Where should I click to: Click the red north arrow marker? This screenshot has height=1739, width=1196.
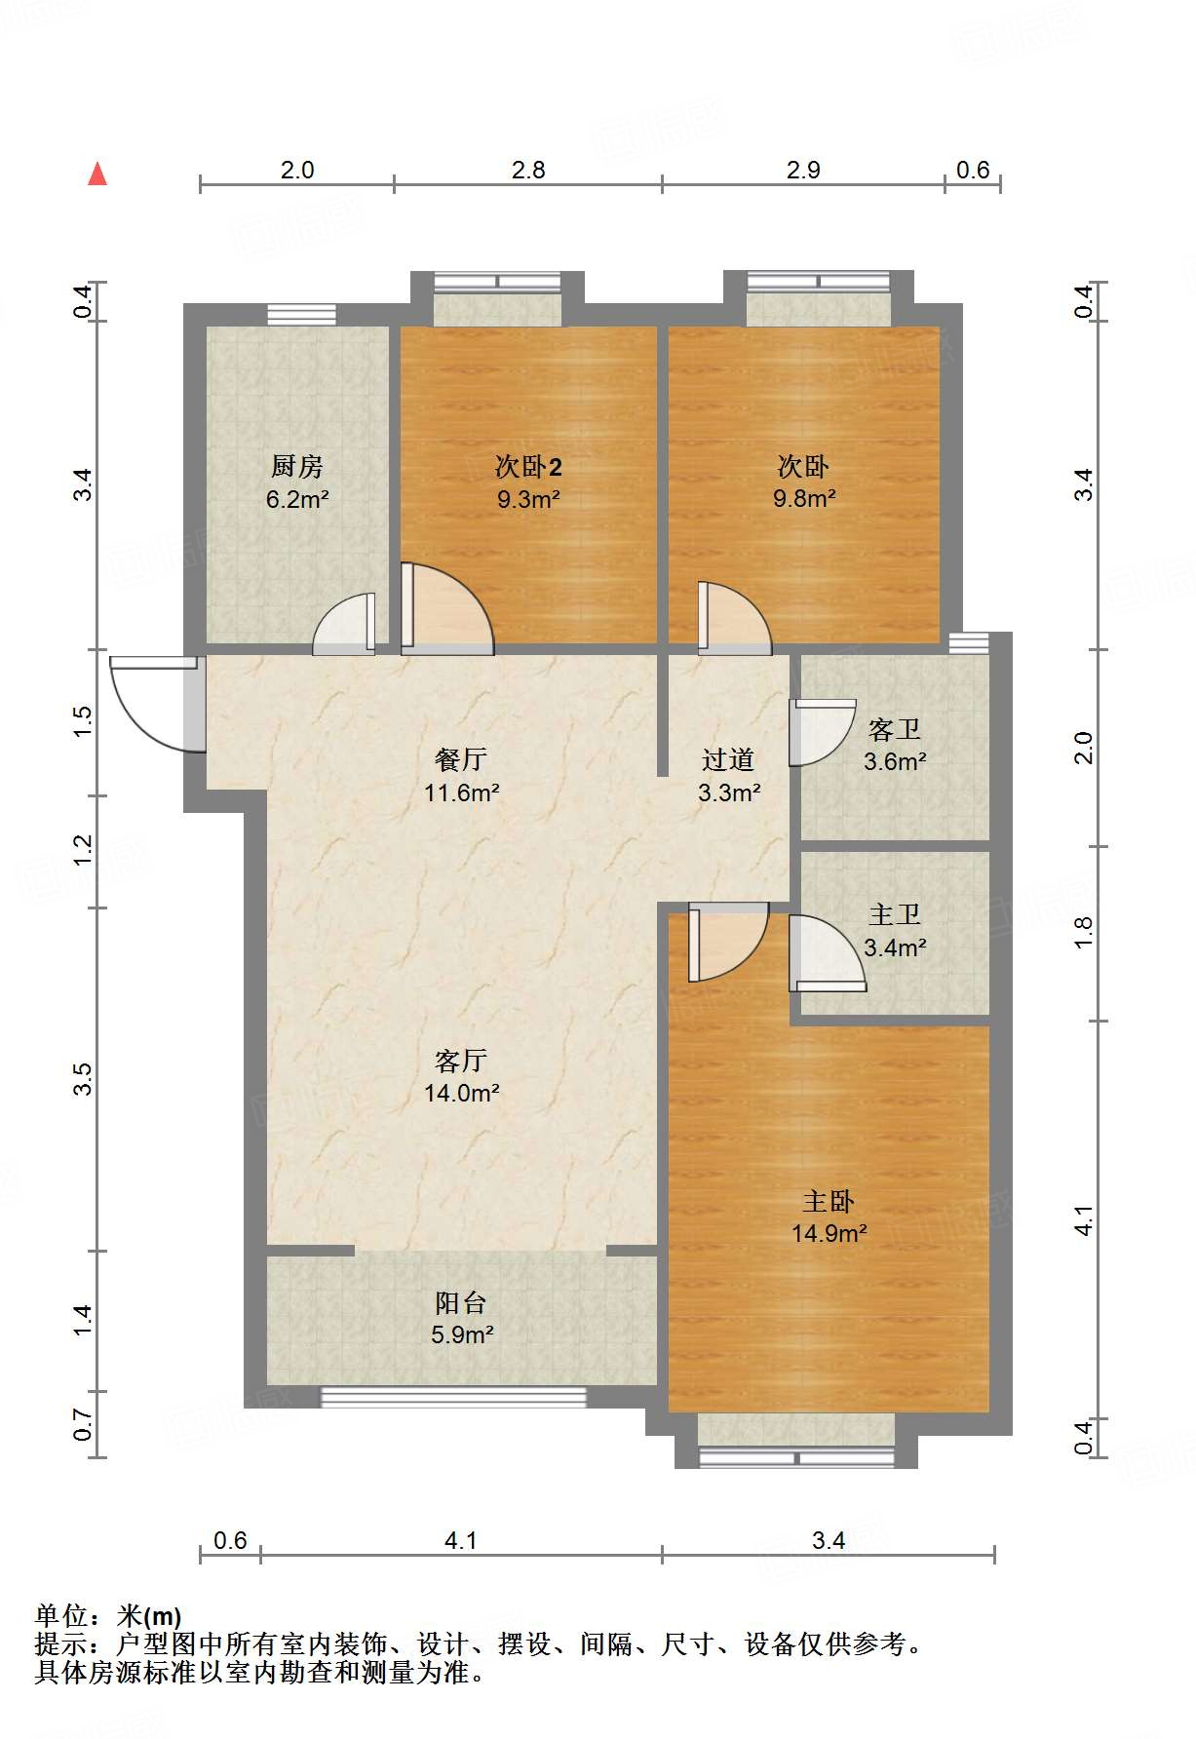pos(97,174)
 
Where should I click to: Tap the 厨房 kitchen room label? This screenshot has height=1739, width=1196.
pos(297,466)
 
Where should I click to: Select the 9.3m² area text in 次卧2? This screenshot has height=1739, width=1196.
pos(528,499)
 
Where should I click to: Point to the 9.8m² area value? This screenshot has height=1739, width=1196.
pos(804,498)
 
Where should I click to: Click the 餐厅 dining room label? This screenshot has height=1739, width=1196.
pos(461,758)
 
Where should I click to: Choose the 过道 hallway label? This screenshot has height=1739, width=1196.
pos(728,758)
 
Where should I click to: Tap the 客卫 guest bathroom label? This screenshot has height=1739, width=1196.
pos(895,728)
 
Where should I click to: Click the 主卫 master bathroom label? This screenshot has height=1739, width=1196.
pos(895,913)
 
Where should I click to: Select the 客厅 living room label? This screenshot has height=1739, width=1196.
pos(461,1060)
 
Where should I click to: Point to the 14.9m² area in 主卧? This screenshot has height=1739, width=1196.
pos(829,1233)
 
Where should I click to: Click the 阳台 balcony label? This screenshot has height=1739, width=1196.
pos(461,1302)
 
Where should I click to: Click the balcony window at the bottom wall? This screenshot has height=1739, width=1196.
pos(454,1398)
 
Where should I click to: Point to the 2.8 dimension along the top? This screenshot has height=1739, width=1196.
pos(528,170)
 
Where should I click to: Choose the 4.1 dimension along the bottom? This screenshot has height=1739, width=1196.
pos(461,1540)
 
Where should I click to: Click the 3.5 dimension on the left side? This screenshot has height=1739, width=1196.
pos(83,1079)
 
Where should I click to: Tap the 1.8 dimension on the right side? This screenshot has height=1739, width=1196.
pos(1084,933)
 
